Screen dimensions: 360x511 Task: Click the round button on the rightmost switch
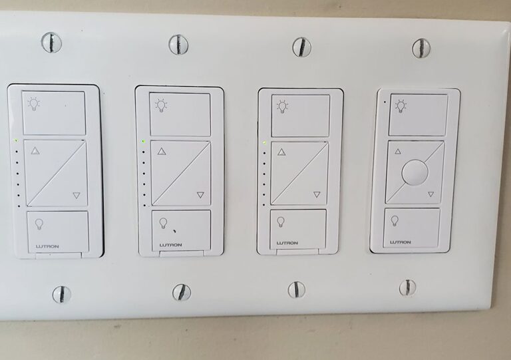(x=414, y=172)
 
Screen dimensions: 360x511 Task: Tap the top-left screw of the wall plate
(x=51, y=43)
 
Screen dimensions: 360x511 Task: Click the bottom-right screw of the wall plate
(x=408, y=287)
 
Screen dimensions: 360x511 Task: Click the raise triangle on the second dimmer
(x=162, y=152)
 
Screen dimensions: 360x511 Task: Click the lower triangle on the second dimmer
(x=200, y=194)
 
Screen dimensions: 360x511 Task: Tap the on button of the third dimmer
(x=300, y=115)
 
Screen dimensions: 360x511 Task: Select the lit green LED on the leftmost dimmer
(x=16, y=141)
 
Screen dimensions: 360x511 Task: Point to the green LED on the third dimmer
(x=265, y=142)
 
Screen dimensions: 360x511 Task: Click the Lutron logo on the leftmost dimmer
(x=47, y=246)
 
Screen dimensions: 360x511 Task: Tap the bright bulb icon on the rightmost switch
(x=401, y=105)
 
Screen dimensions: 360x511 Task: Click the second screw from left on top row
(x=178, y=45)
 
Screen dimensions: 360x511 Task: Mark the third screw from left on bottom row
(x=296, y=289)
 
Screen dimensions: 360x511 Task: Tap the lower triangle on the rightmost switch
(x=430, y=194)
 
